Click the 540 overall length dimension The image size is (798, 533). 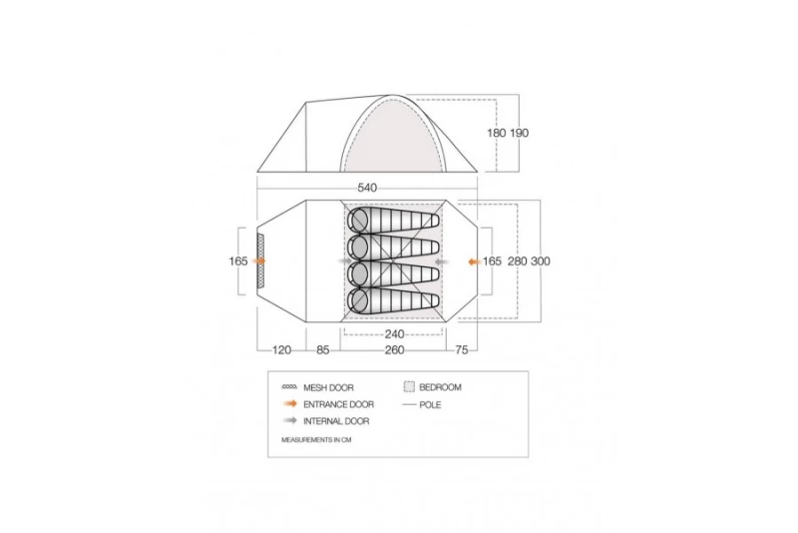(367, 188)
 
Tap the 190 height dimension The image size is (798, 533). (519, 133)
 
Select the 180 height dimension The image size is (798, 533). (497, 133)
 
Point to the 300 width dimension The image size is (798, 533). (541, 262)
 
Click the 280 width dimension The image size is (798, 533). (517, 262)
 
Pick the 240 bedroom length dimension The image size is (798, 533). (394, 334)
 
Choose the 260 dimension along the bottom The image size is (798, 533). (394, 350)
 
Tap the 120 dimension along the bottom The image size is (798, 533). (282, 350)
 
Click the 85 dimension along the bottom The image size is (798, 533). (323, 350)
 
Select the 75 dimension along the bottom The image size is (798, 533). (462, 350)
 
